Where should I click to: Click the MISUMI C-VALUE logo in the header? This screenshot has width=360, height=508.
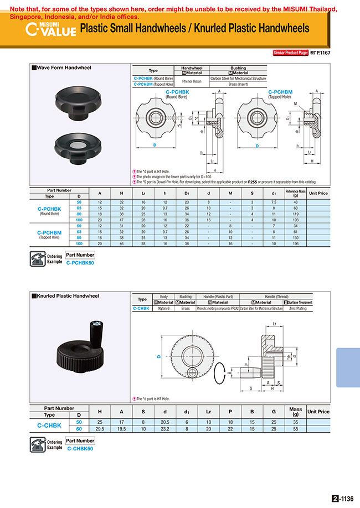50,29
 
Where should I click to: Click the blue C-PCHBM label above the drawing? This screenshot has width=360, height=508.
280,92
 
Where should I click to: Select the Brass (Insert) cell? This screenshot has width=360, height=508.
238,84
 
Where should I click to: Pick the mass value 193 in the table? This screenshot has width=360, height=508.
296,220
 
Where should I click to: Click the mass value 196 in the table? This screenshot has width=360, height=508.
296,243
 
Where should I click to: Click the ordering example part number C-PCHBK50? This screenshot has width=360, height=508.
80,263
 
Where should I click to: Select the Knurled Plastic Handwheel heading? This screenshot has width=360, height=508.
67,296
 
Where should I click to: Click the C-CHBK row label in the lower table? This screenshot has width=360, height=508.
49,425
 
